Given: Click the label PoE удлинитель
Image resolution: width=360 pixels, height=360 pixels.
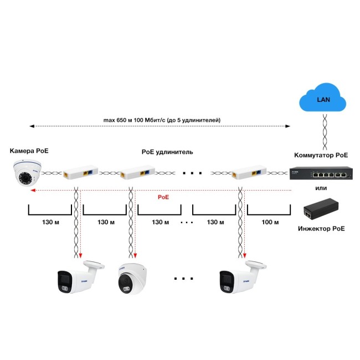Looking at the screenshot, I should point(167,151).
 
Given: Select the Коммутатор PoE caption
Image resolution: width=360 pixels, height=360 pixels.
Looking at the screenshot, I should point(321,156).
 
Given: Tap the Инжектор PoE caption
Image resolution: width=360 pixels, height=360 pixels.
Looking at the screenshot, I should point(321,228).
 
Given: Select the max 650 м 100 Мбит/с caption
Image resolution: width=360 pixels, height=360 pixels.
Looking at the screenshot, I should point(162,120).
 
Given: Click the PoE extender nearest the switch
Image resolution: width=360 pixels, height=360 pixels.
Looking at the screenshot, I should point(248,174).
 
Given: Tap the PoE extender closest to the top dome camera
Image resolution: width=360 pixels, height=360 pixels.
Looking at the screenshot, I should point(80,174).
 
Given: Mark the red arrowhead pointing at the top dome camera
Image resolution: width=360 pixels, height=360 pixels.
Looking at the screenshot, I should point(33,190).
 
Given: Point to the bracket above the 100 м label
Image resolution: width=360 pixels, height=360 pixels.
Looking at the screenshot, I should point(269,212).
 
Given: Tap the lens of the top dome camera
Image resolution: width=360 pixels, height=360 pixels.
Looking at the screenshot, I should point(25,178).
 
